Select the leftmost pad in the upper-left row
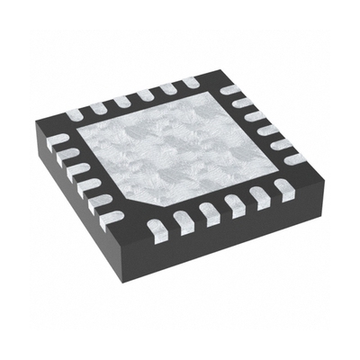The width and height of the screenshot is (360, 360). pyautogui.click(x=75, y=114)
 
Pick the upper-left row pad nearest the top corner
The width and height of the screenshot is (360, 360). pyautogui.click(x=191, y=84)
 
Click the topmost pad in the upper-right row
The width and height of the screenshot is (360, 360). pyautogui.click(x=230, y=89)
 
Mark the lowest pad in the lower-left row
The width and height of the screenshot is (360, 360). pyautogui.click(x=114, y=216)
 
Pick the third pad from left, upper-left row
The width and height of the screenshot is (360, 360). pyautogui.click(x=121, y=102)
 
